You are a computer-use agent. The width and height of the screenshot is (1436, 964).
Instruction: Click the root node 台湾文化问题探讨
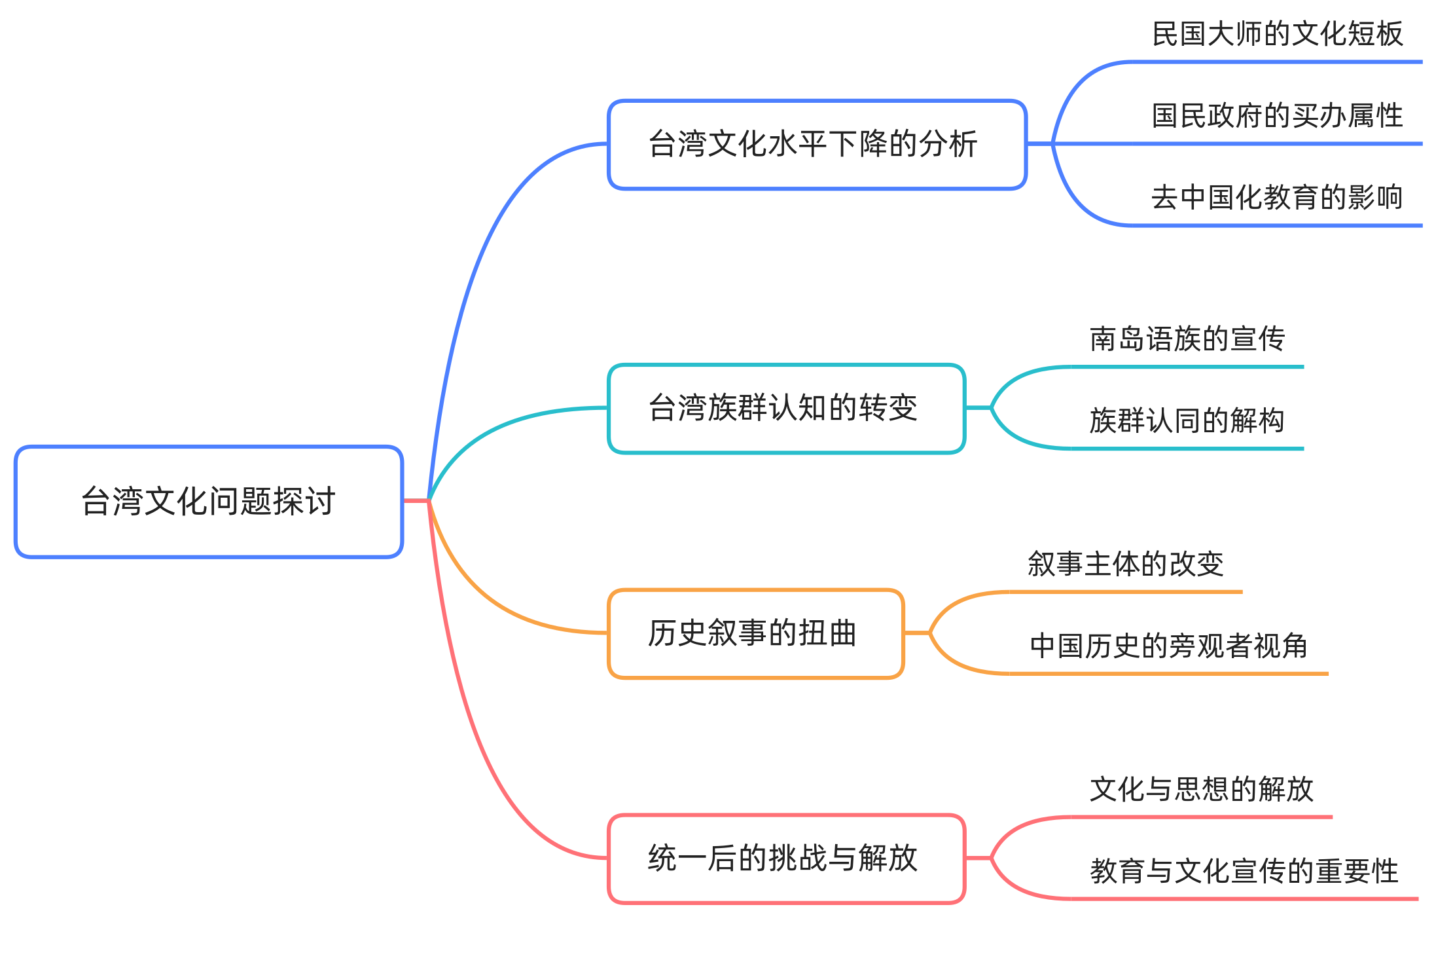tap(208, 502)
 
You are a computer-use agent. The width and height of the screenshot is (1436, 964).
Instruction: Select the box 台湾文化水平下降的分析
tap(817, 145)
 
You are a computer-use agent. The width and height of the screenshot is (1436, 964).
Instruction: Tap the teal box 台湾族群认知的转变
tap(786, 409)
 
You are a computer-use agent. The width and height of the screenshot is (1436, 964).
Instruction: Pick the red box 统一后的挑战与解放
tap(786, 859)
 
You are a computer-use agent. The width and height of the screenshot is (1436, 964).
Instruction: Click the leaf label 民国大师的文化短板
tap(1277, 34)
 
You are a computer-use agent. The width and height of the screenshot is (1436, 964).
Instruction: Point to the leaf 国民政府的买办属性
tap(1277, 116)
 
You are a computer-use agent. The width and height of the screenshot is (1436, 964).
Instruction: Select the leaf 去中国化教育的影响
tap(1277, 197)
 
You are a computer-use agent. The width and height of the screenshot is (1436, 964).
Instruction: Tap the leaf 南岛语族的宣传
tap(1187, 339)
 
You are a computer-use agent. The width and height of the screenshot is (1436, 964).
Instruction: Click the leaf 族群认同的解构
tap(1187, 420)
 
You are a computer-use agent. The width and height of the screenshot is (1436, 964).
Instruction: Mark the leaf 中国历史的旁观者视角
tap(1169, 646)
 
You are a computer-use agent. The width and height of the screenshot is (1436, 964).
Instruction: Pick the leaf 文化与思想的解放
tap(1202, 789)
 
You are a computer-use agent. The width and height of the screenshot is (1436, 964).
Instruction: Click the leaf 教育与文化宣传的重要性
tap(1244, 871)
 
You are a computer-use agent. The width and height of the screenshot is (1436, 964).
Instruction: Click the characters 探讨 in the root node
tap(304, 502)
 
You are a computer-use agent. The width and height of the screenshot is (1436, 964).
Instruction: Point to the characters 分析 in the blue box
tap(948, 145)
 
